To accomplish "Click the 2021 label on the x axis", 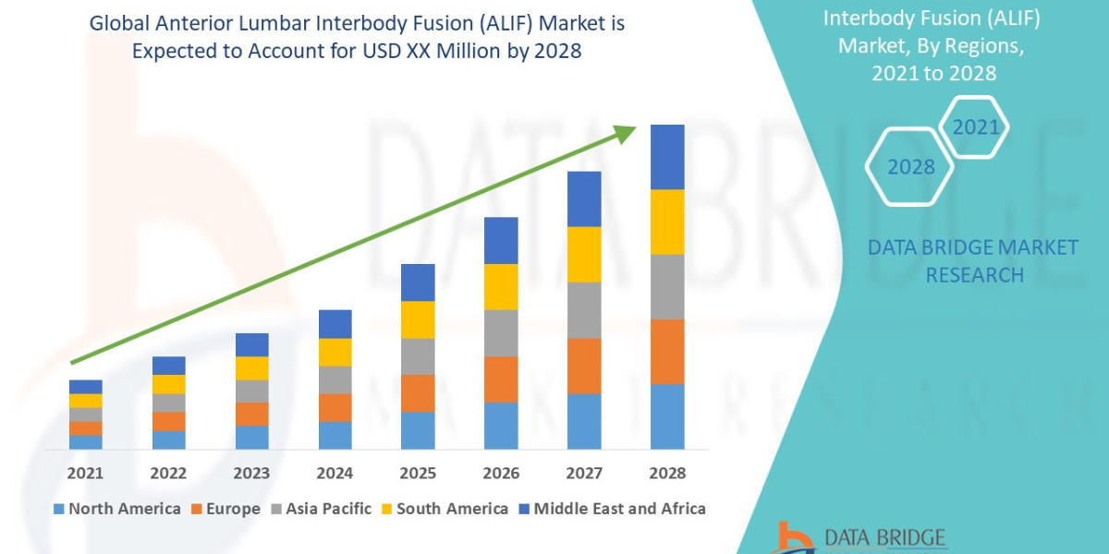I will tap(85, 473).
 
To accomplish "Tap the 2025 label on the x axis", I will tap(418, 473).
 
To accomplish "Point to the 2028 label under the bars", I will tap(667, 473).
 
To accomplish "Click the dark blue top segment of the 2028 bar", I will tap(667, 157).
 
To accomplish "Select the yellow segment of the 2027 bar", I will tap(584, 254).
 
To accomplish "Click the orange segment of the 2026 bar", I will tap(501, 379).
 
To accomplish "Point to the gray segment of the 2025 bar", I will tap(418, 356).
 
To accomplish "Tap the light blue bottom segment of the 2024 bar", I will tap(335, 435).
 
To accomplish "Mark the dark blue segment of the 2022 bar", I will tap(168, 366).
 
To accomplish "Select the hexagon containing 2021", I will tap(975, 127).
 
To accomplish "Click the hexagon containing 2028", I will tap(910, 167).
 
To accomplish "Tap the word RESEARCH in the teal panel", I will tap(974, 275).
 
